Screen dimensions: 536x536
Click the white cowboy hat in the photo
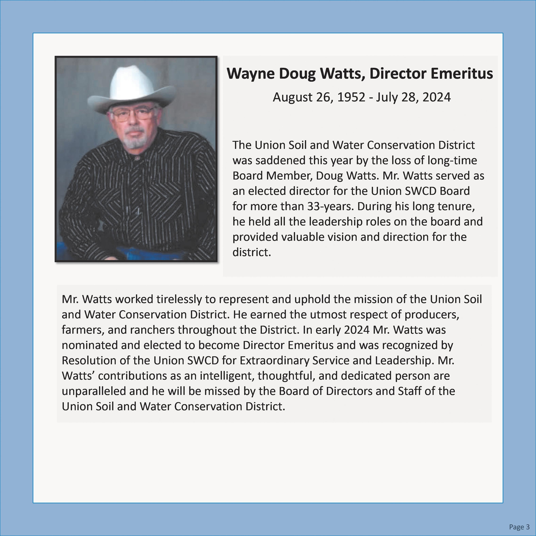pyautogui.click(x=132, y=89)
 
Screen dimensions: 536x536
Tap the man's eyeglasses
pyautogui.click(x=133, y=115)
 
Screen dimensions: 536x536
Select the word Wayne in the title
pyautogui.click(x=250, y=74)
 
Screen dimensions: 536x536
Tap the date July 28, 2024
pyautogui.click(x=413, y=97)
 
